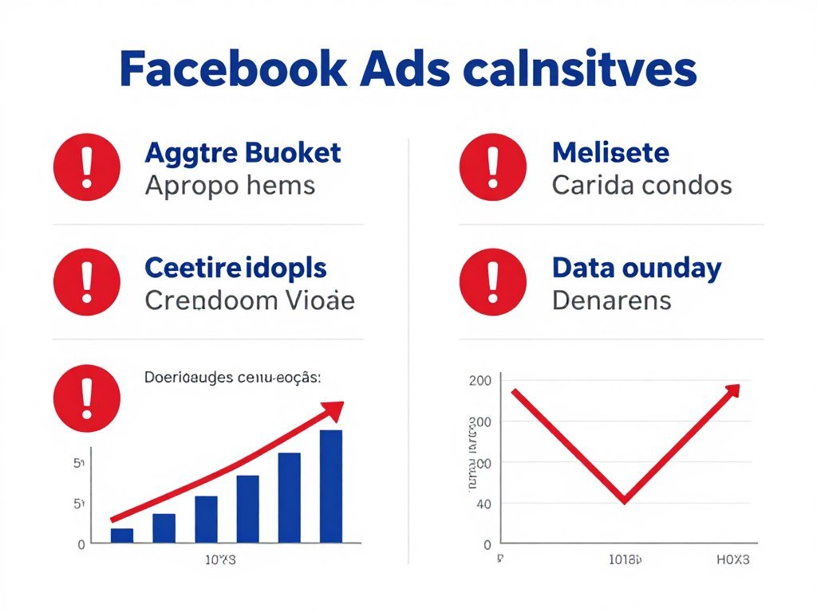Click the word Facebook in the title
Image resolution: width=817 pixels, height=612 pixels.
232,70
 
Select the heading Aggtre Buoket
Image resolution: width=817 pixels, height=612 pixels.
243,152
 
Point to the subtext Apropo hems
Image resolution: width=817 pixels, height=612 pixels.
230,186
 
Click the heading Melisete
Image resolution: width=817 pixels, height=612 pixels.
610,152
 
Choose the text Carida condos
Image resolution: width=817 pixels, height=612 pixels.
641,186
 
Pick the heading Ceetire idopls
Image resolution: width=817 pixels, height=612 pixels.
235,268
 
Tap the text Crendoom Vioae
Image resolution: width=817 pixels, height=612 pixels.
249,301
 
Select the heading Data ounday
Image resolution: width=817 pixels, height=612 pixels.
636,268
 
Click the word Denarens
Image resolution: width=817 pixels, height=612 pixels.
611,301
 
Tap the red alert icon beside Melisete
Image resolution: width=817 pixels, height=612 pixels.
493,167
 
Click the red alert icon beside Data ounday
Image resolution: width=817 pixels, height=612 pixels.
493,283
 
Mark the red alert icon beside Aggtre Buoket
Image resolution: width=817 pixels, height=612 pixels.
86,167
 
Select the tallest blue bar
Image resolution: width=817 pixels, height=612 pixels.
330,486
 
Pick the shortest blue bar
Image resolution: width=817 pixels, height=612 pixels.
121,535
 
